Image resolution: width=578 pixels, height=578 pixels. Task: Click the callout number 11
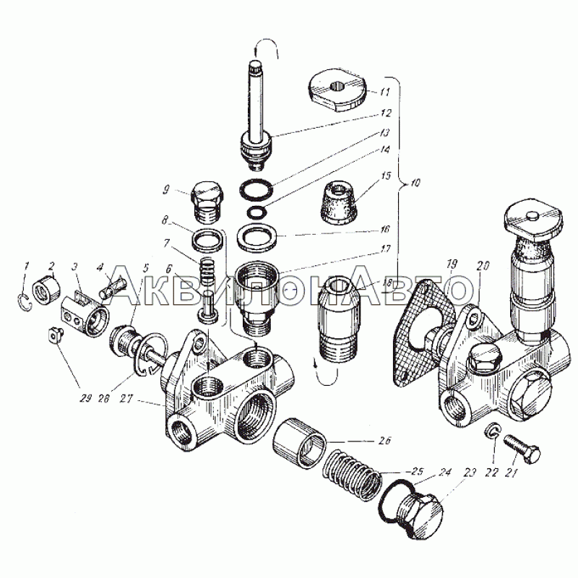384,91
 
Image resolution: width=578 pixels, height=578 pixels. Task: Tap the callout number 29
85,399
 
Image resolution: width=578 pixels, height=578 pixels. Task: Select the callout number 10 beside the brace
414,183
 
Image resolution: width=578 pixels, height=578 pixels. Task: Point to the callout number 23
470,473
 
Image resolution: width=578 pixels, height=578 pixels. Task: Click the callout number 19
452,264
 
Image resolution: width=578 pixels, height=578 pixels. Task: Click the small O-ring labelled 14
255,212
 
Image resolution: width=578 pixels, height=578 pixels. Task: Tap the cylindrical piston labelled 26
299,442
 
